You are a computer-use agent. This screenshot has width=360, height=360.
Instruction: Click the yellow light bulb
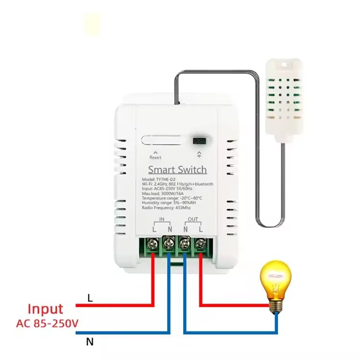(276, 287)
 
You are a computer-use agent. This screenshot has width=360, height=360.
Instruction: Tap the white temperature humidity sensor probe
(284, 101)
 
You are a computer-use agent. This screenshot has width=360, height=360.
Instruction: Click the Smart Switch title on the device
(178, 169)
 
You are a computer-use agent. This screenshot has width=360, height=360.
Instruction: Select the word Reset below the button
(156, 157)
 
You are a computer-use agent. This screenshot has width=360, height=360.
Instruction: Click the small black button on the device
(199, 141)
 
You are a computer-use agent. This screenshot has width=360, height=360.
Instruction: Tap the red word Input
(45, 309)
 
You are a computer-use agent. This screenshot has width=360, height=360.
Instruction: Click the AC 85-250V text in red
(48, 324)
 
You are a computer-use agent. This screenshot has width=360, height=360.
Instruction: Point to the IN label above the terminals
(162, 219)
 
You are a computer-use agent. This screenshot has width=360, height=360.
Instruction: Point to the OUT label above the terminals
(193, 219)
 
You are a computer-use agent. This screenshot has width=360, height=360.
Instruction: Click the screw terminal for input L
(153, 244)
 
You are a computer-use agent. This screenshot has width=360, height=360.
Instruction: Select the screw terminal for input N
(169, 243)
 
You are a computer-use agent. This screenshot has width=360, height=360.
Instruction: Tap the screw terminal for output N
(185, 243)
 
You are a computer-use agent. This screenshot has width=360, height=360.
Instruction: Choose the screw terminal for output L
(201, 244)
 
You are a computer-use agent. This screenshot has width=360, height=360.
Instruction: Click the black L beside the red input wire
(90, 298)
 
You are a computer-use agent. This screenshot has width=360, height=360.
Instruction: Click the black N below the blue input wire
(90, 342)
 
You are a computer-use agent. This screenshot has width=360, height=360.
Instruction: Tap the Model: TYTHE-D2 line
(159, 180)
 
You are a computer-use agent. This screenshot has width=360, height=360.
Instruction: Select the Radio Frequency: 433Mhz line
(166, 208)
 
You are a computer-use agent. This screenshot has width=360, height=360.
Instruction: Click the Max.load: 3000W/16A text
(163, 193)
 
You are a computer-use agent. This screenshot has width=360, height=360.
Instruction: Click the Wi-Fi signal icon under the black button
(199, 155)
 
